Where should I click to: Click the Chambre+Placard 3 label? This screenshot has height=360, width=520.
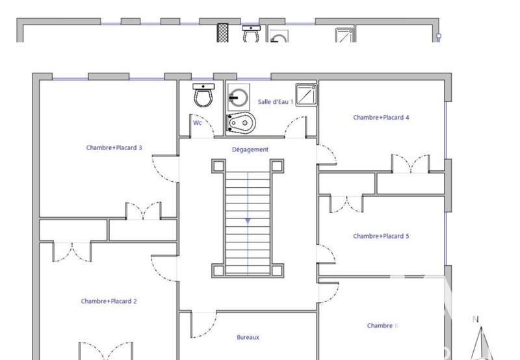click(x=114, y=148)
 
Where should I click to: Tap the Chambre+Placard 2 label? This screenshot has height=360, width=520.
click(x=109, y=301)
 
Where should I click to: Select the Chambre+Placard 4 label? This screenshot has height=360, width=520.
click(x=381, y=118)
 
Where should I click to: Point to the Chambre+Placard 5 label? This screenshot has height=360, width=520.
click(x=381, y=236)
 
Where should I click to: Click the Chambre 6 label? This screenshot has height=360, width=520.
click(x=382, y=326)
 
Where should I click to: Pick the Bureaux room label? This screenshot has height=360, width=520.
click(x=248, y=337)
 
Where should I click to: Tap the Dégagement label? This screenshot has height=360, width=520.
click(x=250, y=149)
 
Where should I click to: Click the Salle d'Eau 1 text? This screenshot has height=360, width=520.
click(x=276, y=102)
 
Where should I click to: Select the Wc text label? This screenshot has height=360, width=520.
click(x=197, y=122)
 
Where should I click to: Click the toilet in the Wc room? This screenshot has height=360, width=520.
click(x=203, y=97)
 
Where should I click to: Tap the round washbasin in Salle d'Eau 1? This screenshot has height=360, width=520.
click(x=238, y=97)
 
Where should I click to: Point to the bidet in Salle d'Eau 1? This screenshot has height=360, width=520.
click(x=241, y=122)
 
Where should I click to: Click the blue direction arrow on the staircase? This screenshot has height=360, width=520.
click(x=248, y=221)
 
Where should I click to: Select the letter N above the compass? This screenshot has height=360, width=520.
click(x=475, y=319)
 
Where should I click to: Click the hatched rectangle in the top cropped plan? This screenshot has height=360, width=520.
click(x=223, y=34)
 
